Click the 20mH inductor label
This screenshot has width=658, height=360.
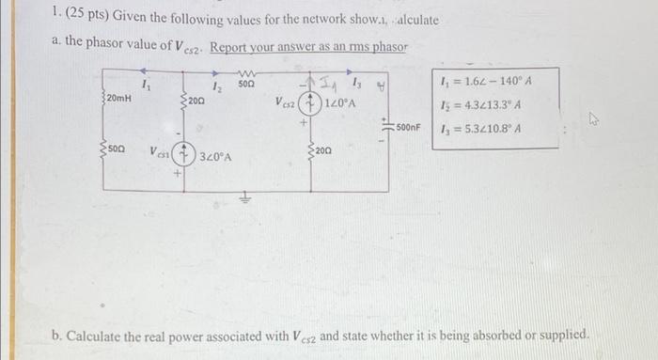click(118, 98)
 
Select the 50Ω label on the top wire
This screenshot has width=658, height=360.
click(247, 85)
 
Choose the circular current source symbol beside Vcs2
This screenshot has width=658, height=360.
click(313, 102)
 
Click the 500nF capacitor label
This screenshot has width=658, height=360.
click(414, 126)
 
